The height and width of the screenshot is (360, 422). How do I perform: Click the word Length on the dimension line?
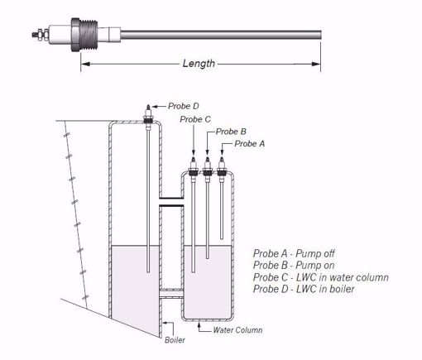coord(199,63)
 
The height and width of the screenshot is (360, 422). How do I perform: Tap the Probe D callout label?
coord(183,105)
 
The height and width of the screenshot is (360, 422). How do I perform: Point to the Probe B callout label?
coord(232,131)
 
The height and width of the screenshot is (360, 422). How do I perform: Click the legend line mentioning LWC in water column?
coord(320,277)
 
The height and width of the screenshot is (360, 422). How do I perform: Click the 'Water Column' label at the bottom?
coord(237,329)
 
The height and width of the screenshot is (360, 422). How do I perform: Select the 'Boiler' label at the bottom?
coord(175,339)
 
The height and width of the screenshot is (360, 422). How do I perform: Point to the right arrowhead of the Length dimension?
coord(318,63)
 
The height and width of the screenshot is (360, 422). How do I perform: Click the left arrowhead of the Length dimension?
coord(84,63)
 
